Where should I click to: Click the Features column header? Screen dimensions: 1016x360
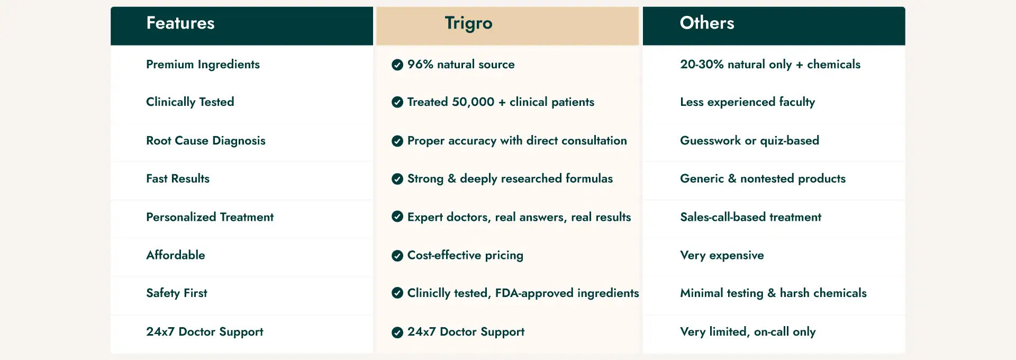pos(180,23)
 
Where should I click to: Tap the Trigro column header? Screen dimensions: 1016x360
pos(468,23)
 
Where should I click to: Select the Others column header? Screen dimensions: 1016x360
pos(707,23)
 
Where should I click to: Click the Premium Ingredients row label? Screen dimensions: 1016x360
pos(203,65)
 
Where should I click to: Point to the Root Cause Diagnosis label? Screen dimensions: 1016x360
pos(206,141)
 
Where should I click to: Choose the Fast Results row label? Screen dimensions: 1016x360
pos(178,178)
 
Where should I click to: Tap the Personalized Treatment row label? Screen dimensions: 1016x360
pos(210,217)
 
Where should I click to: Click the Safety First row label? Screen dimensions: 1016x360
pos(177,293)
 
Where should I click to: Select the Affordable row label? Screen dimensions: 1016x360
pos(176,255)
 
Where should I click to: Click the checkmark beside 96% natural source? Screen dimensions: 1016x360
pos(397,65)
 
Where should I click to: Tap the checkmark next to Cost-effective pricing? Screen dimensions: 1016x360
pos(397,256)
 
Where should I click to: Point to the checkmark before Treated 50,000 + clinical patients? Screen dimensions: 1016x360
pos(397,102)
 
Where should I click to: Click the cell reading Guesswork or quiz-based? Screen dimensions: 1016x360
pos(749,141)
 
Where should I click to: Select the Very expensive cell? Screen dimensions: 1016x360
pos(722,256)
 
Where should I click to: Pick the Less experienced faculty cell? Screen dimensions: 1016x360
pos(747,102)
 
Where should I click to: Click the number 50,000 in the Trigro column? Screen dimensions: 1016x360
pos(466,102)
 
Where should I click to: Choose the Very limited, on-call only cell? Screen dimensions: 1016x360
pos(748,332)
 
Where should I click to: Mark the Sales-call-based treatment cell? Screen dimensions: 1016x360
pos(750,217)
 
